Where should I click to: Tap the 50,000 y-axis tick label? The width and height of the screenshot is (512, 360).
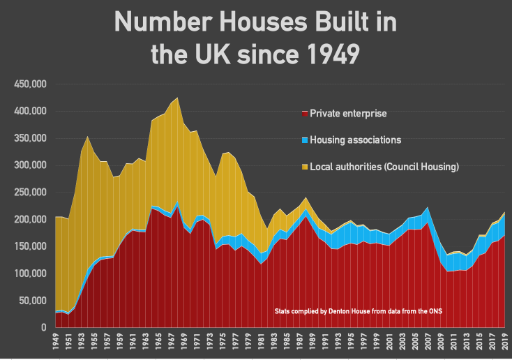(x=33, y=301)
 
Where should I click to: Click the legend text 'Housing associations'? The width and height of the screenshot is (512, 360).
(x=355, y=140)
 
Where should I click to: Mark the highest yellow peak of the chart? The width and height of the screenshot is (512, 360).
(x=178, y=98)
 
